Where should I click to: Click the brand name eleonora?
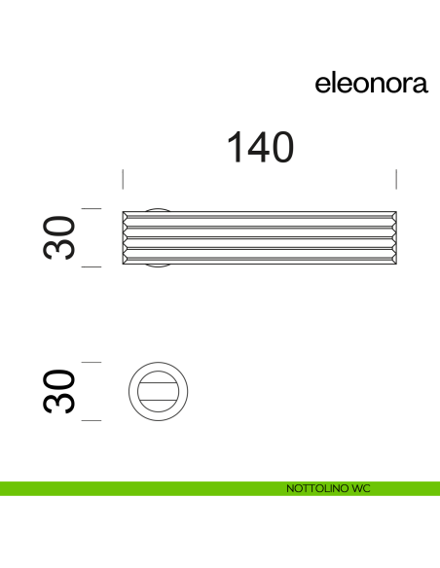click(x=371, y=85)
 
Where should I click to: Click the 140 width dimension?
click(x=260, y=148)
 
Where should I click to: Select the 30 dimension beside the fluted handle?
click(x=59, y=236)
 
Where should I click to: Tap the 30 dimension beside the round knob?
click(x=59, y=391)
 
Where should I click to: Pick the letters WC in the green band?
click(x=361, y=488)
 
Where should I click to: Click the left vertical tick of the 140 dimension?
click(x=123, y=179)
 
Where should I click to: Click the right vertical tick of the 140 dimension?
click(x=396, y=179)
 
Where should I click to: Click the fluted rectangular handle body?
click(x=259, y=238)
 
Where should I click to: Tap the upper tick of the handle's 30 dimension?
click(x=92, y=209)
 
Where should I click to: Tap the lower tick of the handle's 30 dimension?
click(x=92, y=266)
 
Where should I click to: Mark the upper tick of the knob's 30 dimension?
click(x=92, y=362)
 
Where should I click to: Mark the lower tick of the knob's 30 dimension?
click(x=92, y=420)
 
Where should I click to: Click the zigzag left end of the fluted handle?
click(x=126, y=238)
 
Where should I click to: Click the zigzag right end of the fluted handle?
click(x=393, y=238)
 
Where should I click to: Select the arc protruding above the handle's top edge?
click(x=157, y=209)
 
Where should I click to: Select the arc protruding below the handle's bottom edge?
click(x=157, y=266)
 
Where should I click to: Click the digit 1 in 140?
click(x=235, y=148)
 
